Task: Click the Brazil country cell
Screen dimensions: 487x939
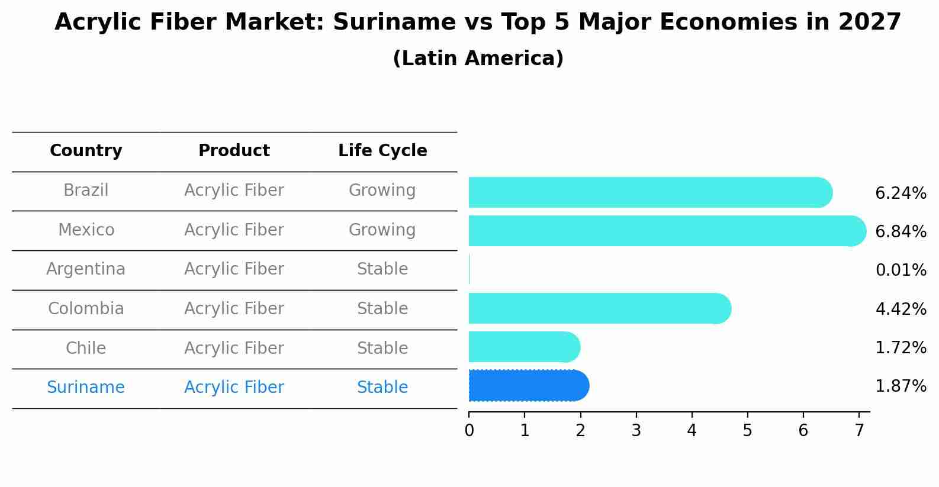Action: coord(86,191)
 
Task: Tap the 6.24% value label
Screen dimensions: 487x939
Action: coord(901,193)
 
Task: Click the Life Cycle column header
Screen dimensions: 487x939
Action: coord(382,151)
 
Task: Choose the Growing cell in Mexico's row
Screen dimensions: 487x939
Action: coord(382,230)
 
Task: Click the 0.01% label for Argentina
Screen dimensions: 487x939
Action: coord(901,270)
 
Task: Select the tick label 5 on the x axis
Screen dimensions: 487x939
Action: coord(747,431)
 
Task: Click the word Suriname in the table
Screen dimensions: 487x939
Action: coord(86,388)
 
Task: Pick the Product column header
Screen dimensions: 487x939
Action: coord(234,151)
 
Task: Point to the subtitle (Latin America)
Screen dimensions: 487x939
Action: coord(478,59)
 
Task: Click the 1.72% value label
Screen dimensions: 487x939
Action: coord(901,347)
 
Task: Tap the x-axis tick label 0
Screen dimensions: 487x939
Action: coord(469,431)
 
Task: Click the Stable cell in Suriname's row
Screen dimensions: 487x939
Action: coord(382,388)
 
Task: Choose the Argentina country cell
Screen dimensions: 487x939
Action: coord(86,269)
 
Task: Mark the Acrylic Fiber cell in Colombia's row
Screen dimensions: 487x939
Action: coord(234,309)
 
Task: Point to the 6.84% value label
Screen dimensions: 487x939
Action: coord(901,232)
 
